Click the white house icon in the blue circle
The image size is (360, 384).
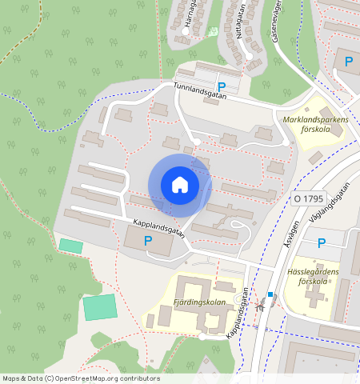point(180,185)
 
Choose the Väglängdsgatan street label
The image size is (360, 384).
point(334,202)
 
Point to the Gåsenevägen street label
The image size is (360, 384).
point(279,18)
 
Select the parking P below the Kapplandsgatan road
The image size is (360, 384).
point(147,240)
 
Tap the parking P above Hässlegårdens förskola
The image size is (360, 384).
point(322,243)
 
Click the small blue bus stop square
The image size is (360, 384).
point(270,294)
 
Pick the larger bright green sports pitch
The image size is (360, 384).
point(100,306)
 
